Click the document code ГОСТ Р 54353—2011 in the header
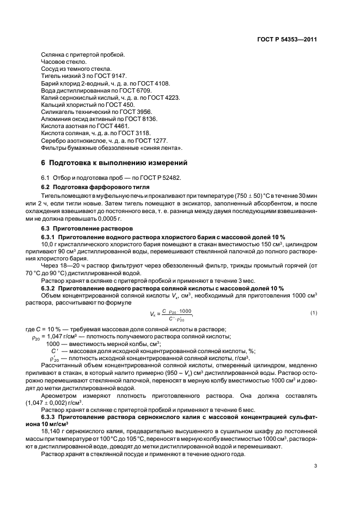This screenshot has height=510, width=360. [x=288, y=39]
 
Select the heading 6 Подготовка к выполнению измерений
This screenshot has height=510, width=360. [x=114, y=162]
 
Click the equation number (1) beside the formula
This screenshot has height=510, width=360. [x=314, y=312]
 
